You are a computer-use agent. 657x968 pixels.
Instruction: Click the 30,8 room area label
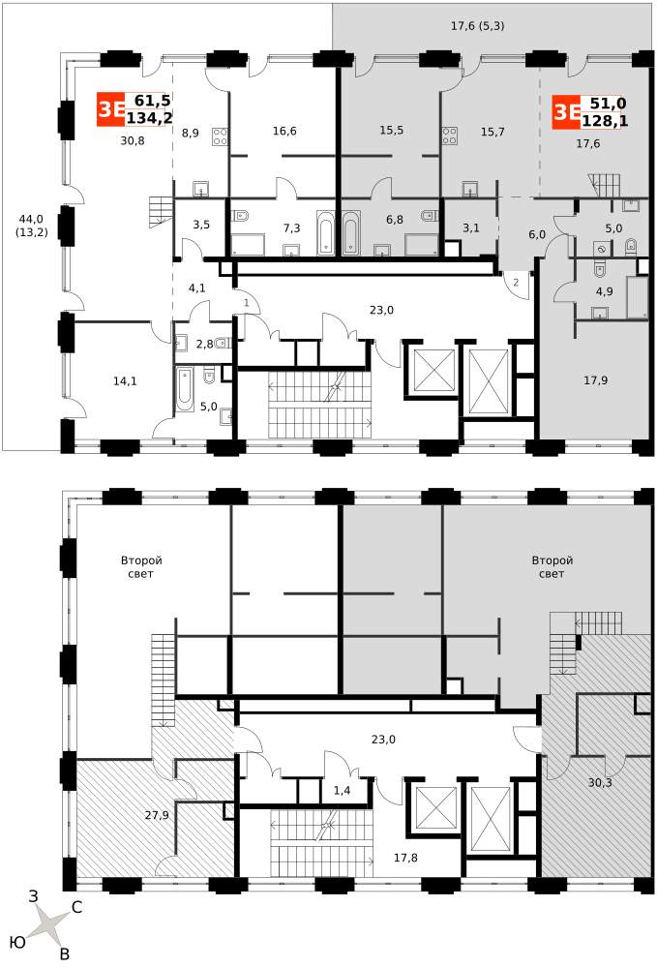pyautogui.click(x=133, y=140)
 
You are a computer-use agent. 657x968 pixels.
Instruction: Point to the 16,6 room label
pyautogui.click(x=284, y=131)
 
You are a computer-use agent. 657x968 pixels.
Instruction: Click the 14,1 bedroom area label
pyautogui.click(x=125, y=381)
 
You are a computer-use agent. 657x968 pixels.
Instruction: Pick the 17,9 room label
pyautogui.click(x=595, y=380)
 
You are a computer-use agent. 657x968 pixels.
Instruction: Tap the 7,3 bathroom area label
pyautogui.click(x=292, y=228)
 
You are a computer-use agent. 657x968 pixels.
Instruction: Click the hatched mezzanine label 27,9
pyautogui.click(x=157, y=815)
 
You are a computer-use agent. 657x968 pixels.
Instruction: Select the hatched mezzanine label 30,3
pyautogui.click(x=600, y=783)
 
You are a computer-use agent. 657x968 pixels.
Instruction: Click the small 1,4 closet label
pyautogui.click(x=342, y=790)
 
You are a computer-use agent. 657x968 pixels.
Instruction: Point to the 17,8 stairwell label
pyautogui.click(x=405, y=858)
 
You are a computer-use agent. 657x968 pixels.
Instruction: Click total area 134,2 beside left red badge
pyautogui.click(x=149, y=117)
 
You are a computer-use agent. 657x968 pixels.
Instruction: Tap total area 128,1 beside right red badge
pyautogui.click(x=605, y=120)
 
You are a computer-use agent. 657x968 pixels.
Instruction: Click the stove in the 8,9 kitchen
pyautogui.click(x=221, y=136)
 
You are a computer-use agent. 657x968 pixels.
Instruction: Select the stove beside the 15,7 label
pyautogui.click(x=450, y=136)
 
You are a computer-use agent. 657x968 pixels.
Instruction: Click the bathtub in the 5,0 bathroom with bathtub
pyautogui.click(x=185, y=389)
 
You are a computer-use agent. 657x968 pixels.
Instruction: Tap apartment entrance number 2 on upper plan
pyautogui.click(x=516, y=283)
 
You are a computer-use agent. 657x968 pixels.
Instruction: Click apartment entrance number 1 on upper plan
pyautogui.click(x=246, y=303)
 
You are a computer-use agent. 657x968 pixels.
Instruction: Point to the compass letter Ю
pyautogui.click(x=17, y=942)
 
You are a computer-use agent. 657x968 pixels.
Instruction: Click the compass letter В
pyautogui.click(x=64, y=954)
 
